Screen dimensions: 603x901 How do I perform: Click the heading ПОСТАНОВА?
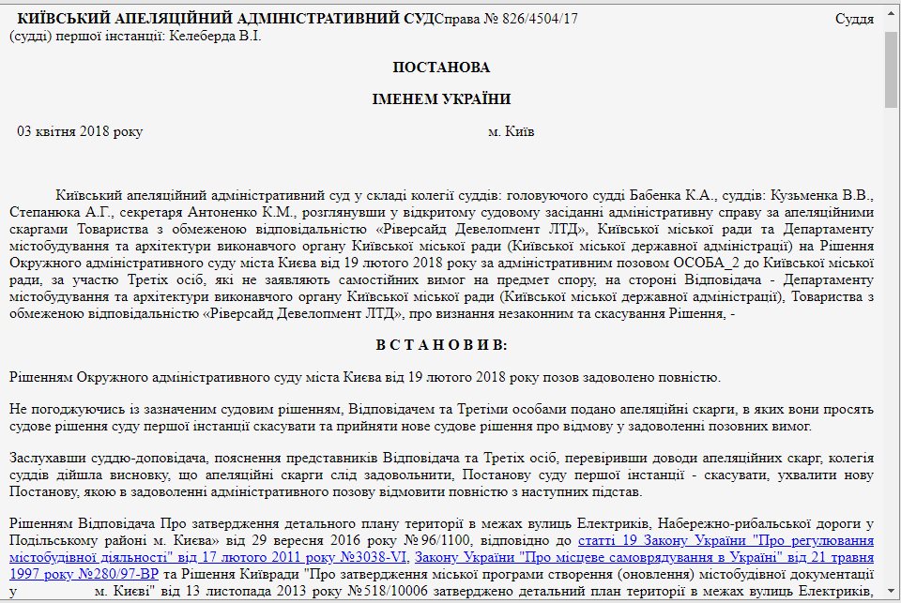tap(441, 68)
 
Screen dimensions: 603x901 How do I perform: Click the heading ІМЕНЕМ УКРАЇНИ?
tap(441, 99)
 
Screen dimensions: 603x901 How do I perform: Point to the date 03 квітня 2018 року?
tap(80, 131)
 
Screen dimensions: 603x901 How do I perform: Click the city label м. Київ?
tap(512, 131)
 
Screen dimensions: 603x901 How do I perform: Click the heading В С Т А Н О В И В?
tap(441, 345)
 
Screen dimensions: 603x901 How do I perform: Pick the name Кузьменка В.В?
tap(822, 196)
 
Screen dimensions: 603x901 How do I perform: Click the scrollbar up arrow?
tap(891, 17)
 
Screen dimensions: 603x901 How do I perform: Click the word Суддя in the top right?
tap(854, 19)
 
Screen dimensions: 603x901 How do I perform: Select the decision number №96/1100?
tap(446, 540)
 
